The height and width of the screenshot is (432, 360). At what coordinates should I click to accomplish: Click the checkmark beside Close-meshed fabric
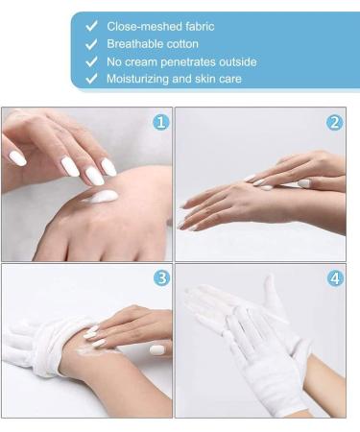pos(91,26)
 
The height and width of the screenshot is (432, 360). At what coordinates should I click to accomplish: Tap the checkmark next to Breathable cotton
pos(91,44)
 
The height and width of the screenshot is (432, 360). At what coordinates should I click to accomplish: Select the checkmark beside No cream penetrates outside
pos(91,61)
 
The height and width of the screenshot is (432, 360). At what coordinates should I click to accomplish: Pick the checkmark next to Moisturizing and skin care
pos(91,79)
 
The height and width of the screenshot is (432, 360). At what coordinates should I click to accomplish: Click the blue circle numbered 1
pos(161,122)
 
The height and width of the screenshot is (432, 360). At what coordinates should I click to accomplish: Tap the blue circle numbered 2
pos(334,122)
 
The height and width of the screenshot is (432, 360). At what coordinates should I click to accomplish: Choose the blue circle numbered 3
pos(161,277)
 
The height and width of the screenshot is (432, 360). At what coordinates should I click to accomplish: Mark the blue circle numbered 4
pos(335,278)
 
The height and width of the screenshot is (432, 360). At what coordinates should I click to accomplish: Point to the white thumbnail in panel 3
pos(156,350)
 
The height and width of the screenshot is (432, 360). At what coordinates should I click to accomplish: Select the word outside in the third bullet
pos(238,61)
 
